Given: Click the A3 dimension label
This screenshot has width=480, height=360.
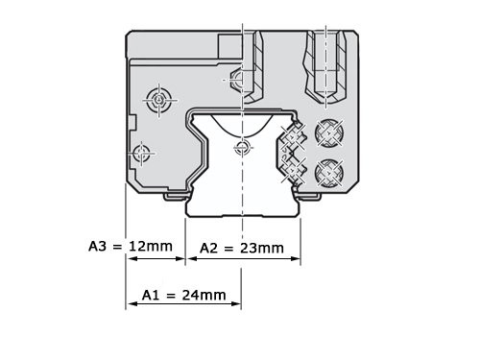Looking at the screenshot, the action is tap(97, 247).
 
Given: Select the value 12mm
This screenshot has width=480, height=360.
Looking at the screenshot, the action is tap(151, 247).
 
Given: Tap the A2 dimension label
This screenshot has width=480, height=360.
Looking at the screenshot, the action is tap(208, 248).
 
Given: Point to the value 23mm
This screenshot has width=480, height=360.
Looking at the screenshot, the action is tap(262, 248).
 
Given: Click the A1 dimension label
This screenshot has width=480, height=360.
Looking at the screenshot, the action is tap(151, 295).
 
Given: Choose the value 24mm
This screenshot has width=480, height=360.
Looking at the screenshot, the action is tap(204, 295).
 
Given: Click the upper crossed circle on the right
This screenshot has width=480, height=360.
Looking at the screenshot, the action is tap(329, 132).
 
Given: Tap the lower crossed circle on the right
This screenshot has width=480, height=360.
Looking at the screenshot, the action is tap(329, 173).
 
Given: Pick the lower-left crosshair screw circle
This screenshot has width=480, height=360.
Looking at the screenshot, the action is tap(141, 154).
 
